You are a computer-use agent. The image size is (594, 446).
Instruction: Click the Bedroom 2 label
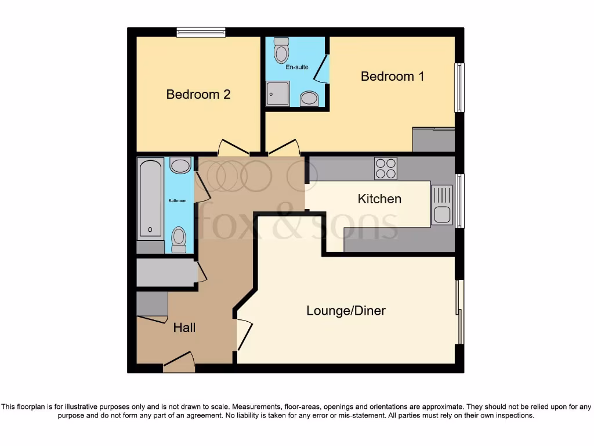tap(198, 94)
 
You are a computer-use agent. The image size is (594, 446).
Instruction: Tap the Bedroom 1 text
tap(388, 76)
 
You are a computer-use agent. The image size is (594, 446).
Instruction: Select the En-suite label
tap(296, 67)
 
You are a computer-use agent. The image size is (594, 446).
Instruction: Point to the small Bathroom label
tap(178, 201)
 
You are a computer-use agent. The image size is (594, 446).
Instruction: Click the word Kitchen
tap(379, 199)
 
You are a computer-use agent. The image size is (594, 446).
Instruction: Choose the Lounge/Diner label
tap(346, 311)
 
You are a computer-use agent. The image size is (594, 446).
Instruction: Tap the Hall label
tap(184, 328)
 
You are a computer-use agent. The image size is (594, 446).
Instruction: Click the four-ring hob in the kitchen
tap(386, 168)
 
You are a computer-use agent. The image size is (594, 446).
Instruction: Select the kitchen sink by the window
tap(442, 204)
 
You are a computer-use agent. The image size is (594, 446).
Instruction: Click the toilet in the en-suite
tap(282, 51)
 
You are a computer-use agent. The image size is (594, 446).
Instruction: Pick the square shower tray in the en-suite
tap(278, 93)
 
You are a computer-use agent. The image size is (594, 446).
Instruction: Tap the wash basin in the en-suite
tap(309, 99)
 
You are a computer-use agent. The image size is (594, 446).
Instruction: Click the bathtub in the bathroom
tap(151, 199)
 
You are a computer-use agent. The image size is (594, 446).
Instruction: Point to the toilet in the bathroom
tap(179, 239)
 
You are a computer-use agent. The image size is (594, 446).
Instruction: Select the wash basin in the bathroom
tap(180, 166)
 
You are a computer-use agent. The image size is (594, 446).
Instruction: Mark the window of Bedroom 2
tap(201, 32)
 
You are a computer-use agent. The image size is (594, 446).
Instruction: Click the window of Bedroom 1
tap(459, 87)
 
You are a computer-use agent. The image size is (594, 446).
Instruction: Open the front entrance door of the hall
tap(179, 363)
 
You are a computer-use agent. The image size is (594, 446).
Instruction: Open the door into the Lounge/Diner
tap(244, 334)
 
